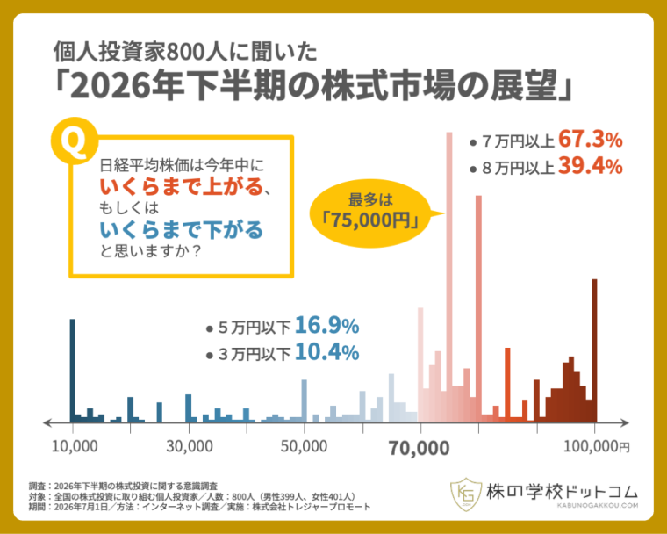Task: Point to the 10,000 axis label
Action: point(75,446)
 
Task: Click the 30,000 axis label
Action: point(190,446)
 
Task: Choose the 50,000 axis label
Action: point(304,446)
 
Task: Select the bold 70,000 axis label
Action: point(419,449)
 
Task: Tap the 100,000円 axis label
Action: point(597,446)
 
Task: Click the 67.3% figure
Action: point(591,140)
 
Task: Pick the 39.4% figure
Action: point(591,166)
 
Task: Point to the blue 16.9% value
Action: point(326,326)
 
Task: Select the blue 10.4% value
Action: point(326,352)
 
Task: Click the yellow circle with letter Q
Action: point(74,141)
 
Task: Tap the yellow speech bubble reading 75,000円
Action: point(370,213)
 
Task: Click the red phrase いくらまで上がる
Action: point(182,186)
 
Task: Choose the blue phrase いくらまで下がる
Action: point(182,230)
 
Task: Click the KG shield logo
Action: point(466,494)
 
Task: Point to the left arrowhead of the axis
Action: point(47,422)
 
